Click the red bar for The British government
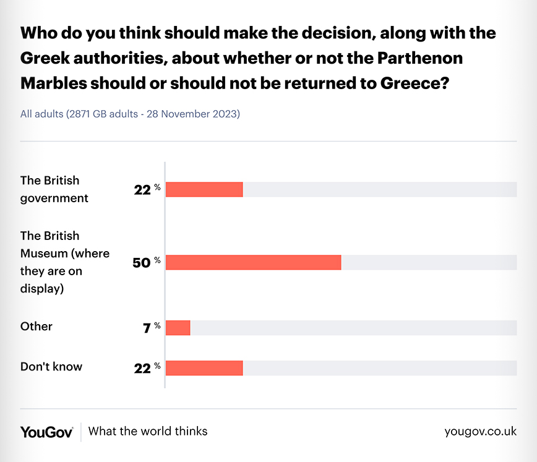[x=204, y=189]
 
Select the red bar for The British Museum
[x=254, y=262]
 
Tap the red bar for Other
[x=178, y=328]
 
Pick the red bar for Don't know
[x=204, y=367]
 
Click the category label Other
[x=37, y=327]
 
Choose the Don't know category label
[x=51, y=367]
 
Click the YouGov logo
[x=46, y=432]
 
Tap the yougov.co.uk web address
[x=480, y=432]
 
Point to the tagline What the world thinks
[x=148, y=431]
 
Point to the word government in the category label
[x=54, y=198]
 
